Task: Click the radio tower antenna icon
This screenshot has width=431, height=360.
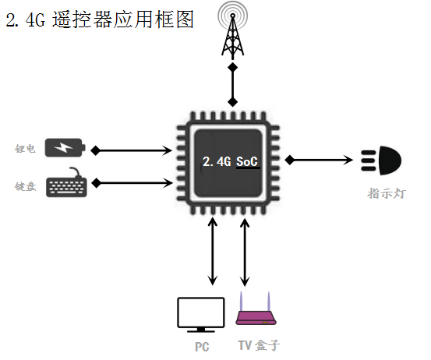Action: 233,30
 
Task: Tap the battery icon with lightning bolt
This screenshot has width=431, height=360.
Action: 65,147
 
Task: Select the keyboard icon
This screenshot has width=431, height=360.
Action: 66,183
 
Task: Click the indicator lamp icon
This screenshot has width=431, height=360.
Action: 381,161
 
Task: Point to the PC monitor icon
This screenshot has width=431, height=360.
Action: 201,315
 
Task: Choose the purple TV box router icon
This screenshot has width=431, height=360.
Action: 256,309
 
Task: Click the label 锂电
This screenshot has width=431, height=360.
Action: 25,149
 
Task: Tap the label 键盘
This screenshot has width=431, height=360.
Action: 25,186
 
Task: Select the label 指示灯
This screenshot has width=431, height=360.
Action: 387,193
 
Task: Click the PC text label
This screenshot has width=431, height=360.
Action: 202,347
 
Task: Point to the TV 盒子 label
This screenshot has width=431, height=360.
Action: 260,345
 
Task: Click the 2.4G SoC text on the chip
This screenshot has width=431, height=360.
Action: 231,161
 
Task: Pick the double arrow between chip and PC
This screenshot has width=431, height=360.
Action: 213,252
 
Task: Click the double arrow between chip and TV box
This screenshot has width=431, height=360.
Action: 245,252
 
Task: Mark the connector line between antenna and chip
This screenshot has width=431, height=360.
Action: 233,85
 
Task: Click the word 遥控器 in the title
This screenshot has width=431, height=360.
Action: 82,19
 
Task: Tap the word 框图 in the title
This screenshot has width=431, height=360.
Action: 174,19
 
